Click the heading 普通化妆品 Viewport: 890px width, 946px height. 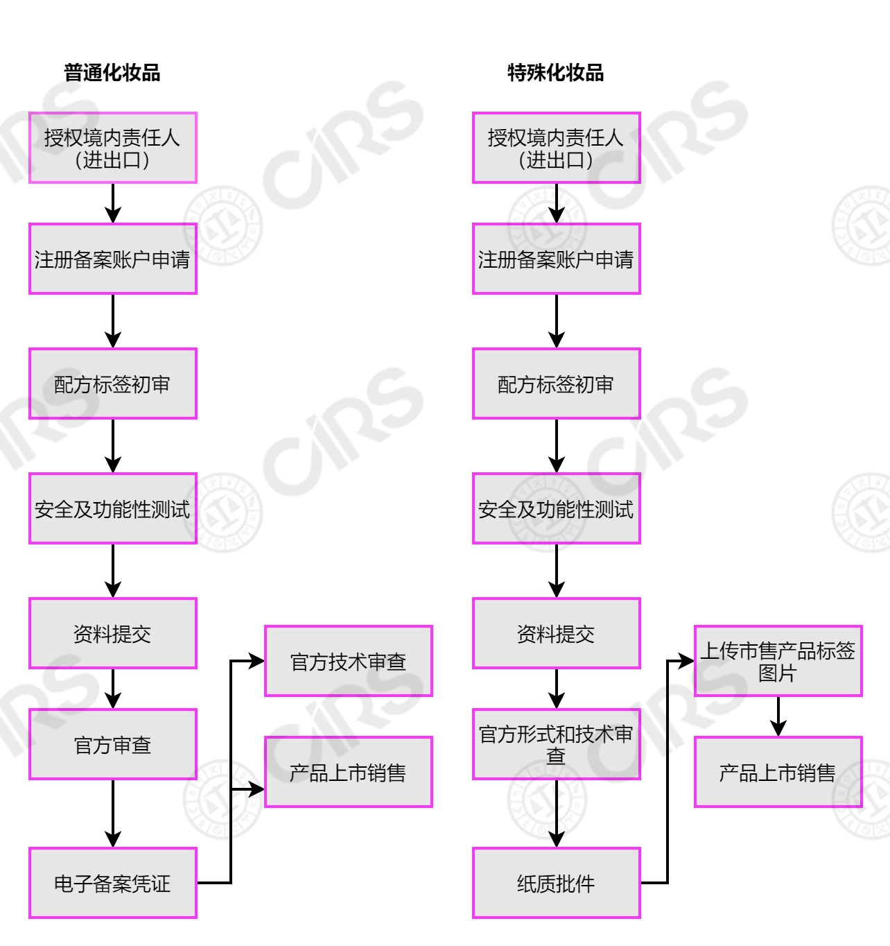click(112, 73)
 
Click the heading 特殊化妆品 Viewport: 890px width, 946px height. click(555, 73)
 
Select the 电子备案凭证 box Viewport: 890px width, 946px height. click(113, 883)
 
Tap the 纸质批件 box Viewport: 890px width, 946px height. click(556, 883)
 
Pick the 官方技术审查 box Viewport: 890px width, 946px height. click(348, 661)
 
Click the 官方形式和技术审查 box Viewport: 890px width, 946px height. click(556, 744)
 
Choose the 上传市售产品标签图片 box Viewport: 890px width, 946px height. click(778, 661)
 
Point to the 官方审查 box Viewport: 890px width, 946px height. click(113, 744)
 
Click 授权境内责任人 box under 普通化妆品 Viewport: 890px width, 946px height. click(113, 148)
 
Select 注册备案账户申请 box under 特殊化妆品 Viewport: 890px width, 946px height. click(556, 259)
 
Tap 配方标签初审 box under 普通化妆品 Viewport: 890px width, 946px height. click(113, 384)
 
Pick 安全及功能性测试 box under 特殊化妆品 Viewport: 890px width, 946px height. click(556, 508)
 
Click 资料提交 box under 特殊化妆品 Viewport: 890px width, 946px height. click(556, 633)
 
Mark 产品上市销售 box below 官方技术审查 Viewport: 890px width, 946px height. click(348, 772)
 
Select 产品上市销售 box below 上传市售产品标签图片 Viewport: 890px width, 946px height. click(778, 772)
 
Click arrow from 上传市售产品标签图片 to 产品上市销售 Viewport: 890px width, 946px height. click(778, 716)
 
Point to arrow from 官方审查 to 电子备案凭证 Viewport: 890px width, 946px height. click(113, 813)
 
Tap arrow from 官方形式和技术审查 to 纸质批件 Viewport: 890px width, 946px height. click(557, 813)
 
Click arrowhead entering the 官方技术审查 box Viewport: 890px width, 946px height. click(256, 661)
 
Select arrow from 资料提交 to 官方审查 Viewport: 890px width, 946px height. click(113, 688)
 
